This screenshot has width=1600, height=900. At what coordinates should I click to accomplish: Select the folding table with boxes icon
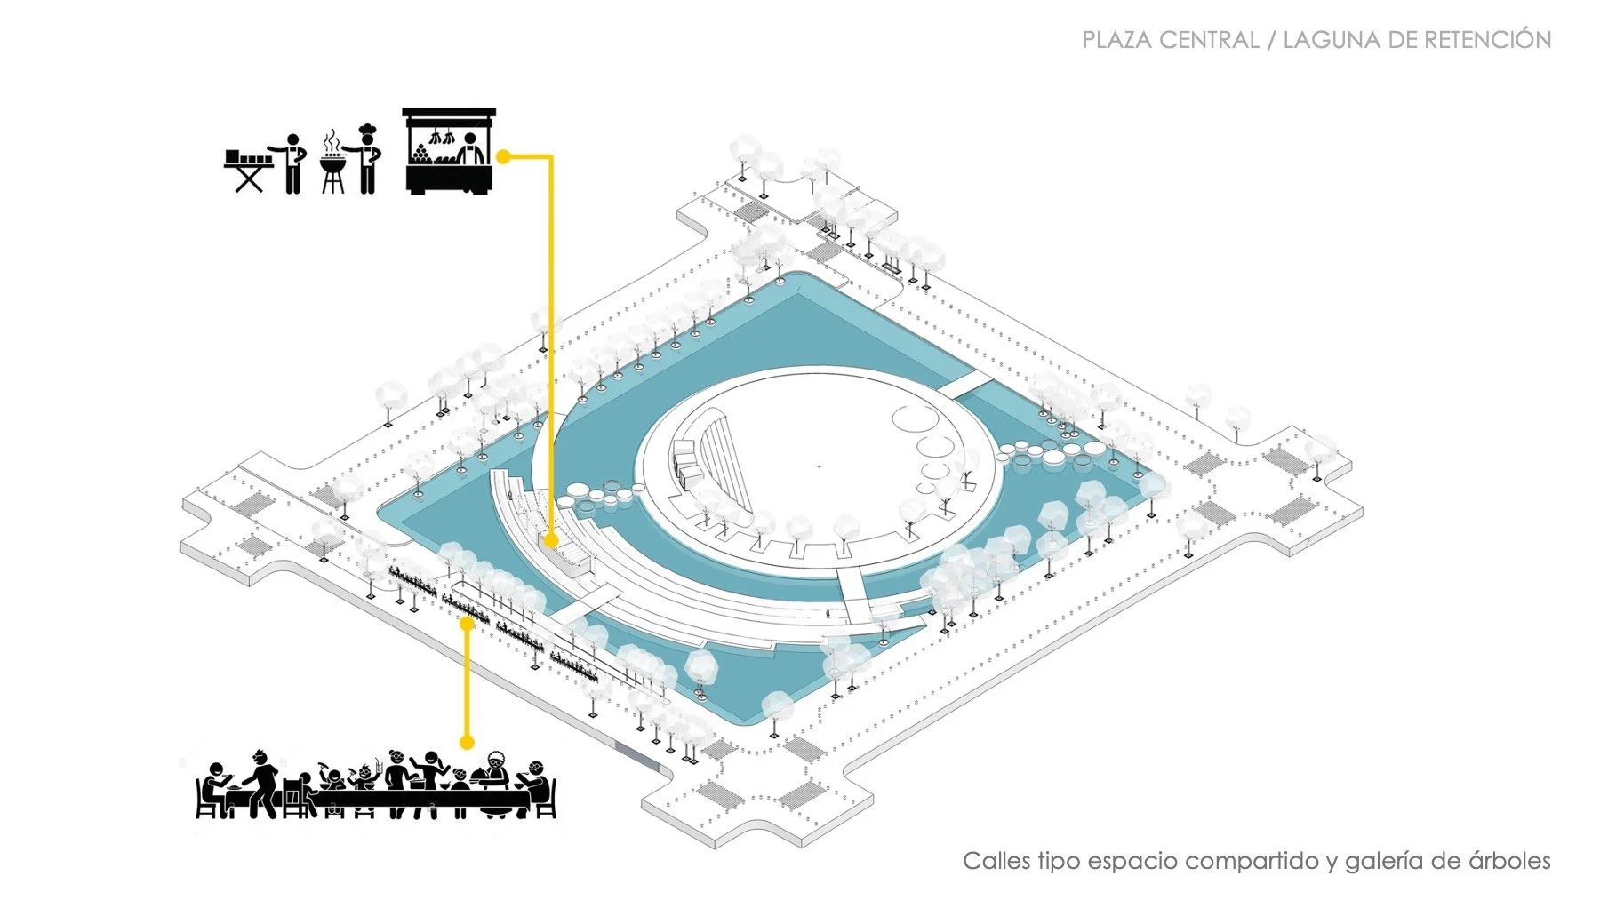click(x=248, y=170)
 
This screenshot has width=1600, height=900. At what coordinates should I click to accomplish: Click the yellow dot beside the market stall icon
click(x=503, y=157)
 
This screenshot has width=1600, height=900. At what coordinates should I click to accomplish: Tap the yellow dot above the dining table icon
click(x=466, y=741)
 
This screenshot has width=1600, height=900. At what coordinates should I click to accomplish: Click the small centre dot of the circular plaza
click(x=819, y=465)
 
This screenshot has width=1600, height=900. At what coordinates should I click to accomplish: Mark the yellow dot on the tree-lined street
click(x=465, y=624)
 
